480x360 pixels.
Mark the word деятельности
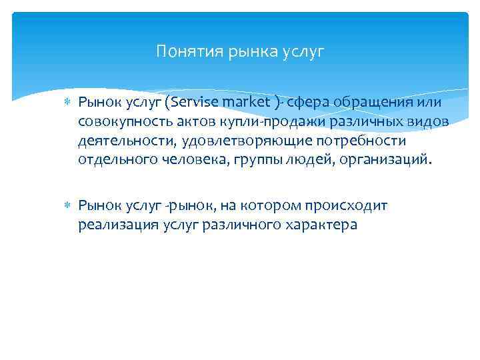click(122, 141)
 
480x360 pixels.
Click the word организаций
click(389, 161)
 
